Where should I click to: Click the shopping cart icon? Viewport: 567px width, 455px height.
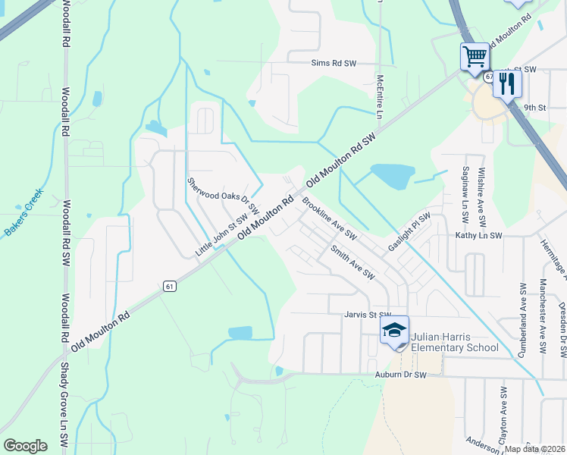click(x=475, y=57)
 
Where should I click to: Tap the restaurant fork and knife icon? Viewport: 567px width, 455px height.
click(x=507, y=83)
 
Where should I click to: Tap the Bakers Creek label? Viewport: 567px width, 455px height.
click(x=24, y=214)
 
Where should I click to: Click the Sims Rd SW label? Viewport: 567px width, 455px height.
click(x=331, y=64)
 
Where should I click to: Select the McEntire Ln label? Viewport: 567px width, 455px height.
click(x=380, y=96)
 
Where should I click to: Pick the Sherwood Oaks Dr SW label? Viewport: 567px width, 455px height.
click(x=224, y=194)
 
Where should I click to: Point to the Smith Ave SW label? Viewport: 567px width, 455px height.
click(x=352, y=261)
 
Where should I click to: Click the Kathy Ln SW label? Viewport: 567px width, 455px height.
click(x=479, y=236)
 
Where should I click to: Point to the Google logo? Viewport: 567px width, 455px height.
click(x=25, y=446)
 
